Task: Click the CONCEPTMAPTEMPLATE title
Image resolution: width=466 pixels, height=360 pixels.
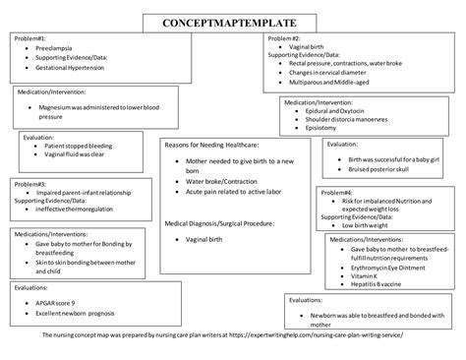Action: (234, 21)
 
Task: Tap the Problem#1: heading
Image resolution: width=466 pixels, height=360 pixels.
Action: (29, 38)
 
